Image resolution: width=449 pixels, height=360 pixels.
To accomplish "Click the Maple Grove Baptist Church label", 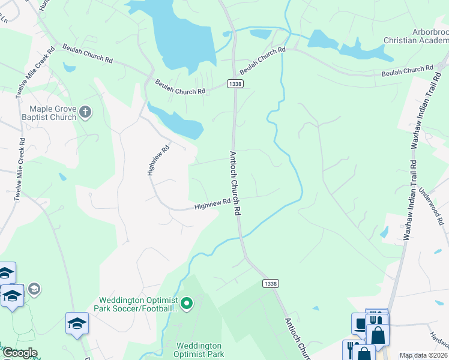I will click(x=53, y=113).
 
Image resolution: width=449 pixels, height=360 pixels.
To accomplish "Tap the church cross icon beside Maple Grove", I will click(x=85, y=112).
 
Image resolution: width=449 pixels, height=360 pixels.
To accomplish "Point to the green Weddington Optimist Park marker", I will click(x=187, y=304).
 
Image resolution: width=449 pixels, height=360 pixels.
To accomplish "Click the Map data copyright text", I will click(x=424, y=355).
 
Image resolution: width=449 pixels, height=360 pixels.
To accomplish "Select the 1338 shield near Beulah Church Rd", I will click(x=235, y=84).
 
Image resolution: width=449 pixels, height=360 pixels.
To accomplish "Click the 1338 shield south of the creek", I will click(x=269, y=283).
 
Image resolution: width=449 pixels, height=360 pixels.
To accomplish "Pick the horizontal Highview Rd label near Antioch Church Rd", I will click(x=212, y=205).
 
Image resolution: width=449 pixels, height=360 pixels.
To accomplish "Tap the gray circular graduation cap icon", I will click(x=34, y=289).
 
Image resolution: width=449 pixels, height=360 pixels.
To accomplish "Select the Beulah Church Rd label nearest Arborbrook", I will click(x=407, y=71).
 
